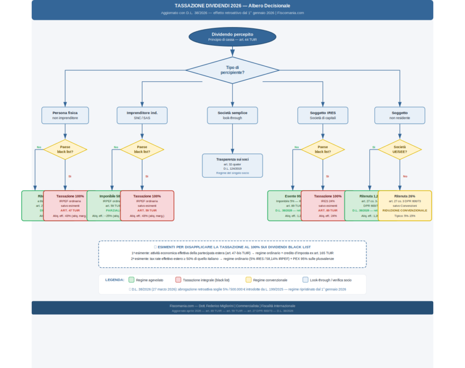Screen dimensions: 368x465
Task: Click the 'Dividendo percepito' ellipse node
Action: pyautogui.click(x=232, y=37)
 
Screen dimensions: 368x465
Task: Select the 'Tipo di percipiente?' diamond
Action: pyautogui.click(x=232, y=70)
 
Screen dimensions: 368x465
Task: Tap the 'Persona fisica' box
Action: pyautogui.click(x=65, y=115)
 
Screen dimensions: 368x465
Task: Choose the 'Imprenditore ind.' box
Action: pyautogui.click(x=142, y=115)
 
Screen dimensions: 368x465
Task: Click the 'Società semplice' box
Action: pyautogui.click(x=232, y=115)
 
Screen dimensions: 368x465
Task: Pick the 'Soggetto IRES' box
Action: pyautogui.click(x=322, y=115)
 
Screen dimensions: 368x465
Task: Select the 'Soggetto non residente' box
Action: pyautogui.click(x=400, y=115)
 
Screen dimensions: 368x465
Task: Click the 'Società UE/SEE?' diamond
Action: pyautogui.click(x=400, y=149)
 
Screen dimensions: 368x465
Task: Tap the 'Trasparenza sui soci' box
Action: pyautogui.click(x=232, y=166)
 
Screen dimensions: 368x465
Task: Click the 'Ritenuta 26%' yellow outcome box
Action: pyautogui.click(x=405, y=206)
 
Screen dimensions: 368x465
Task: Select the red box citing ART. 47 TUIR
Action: pyautogui.click(x=70, y=206)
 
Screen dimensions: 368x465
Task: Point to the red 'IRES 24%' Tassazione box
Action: pyautogui.click(x=327, y=206)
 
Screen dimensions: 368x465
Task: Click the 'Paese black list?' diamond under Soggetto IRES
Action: pyautogui.click(x=322, y=149)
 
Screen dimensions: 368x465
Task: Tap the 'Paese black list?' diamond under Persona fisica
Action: pyautogui.click(x=65, y=149)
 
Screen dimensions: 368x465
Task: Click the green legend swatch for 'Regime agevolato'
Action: pyautogui.click(x=132, y=280)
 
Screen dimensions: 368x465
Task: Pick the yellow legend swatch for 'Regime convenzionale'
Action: pyautogui.click(x=248, y=280)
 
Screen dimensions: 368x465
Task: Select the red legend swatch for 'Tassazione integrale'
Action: pyautogui.click(x=178, y=280)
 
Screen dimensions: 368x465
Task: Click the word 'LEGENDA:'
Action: pyautogui.click(x=114, y=280)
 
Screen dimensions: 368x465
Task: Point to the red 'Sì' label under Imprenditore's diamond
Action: pyautogui.click(x=147, y=176)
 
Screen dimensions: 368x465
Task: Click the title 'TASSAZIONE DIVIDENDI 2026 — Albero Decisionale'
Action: pyautogui.click(x=232, y=6)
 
